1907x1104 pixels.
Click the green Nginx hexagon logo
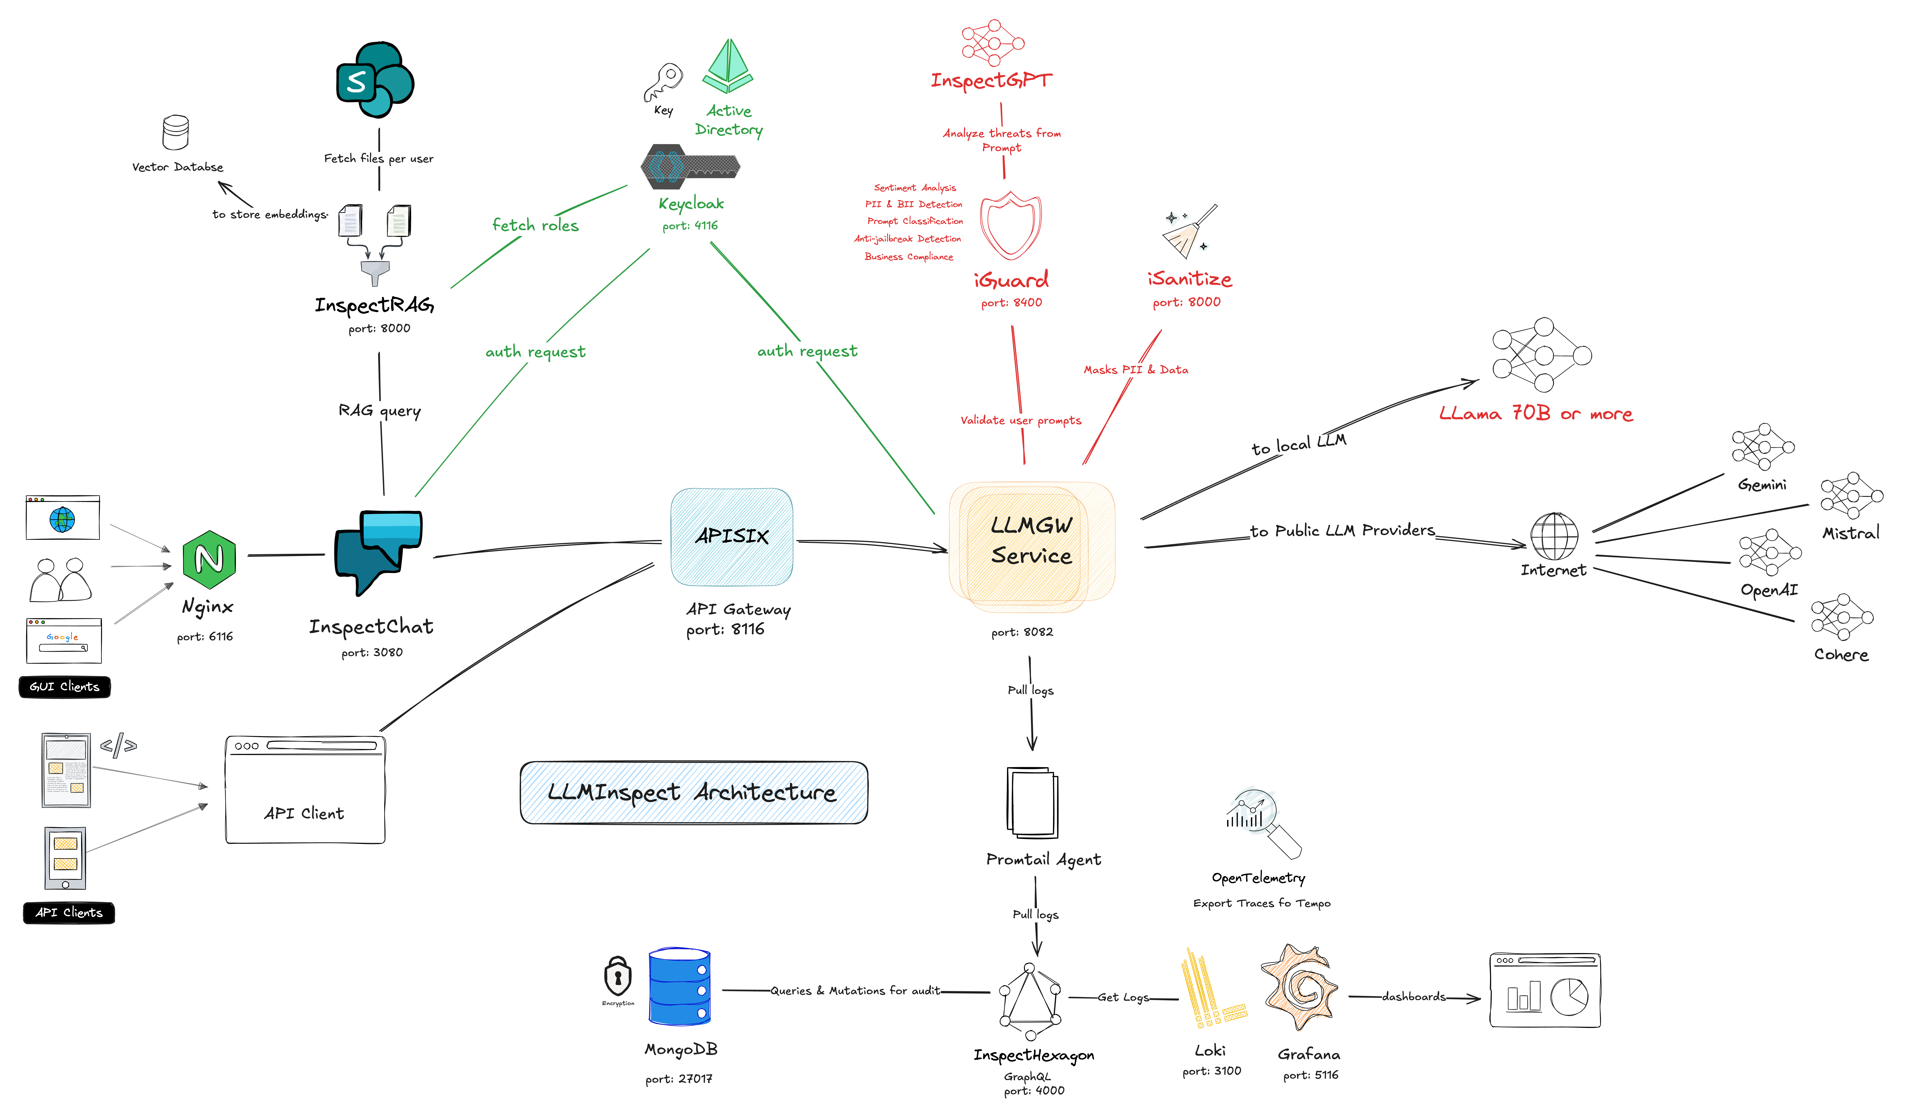click(209, 560)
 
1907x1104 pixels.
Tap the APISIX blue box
click(732, 537)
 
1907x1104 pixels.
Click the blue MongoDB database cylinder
click(680, 986)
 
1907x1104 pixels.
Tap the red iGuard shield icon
click(1010, 226)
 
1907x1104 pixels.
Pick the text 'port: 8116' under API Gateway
click(725, 629)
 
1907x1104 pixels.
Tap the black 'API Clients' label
click(69, 912)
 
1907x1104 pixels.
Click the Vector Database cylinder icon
click(176, 133)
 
